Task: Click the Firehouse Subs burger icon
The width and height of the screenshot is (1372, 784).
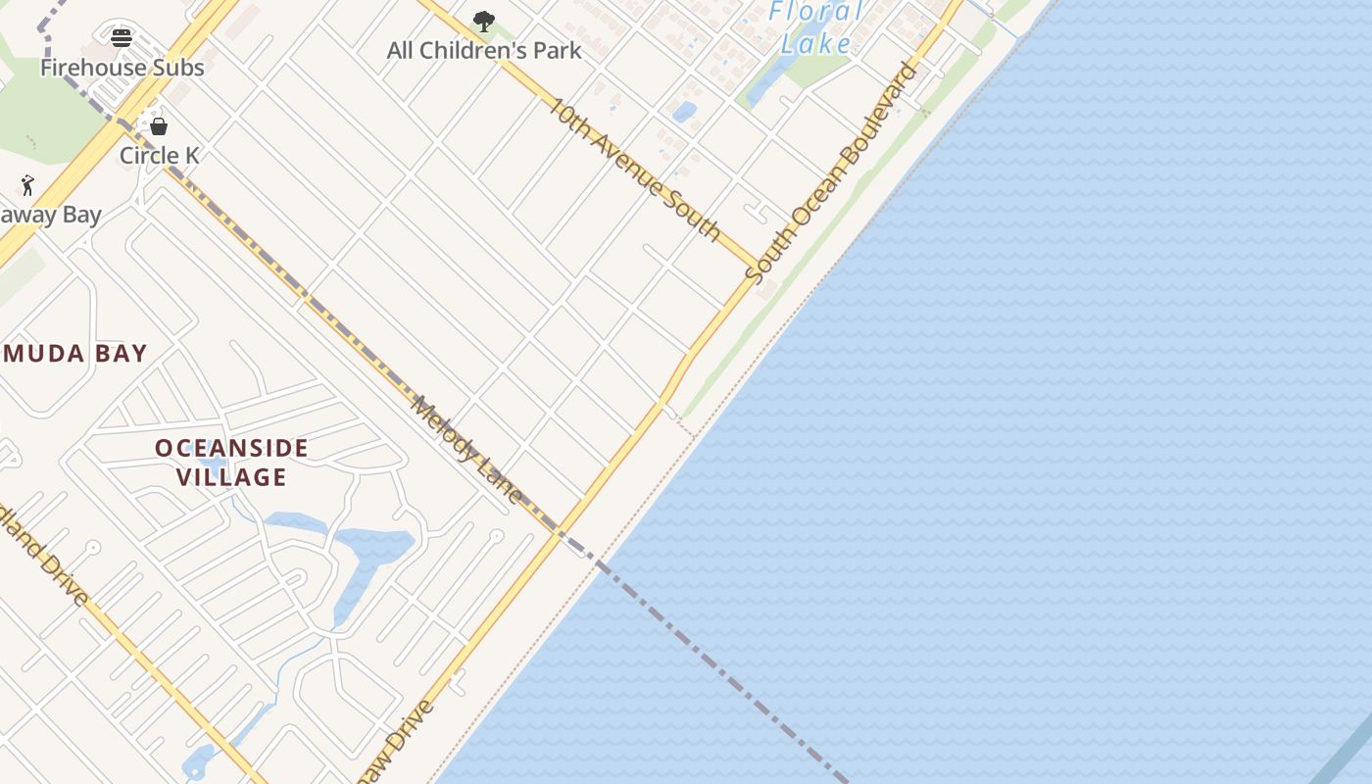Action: (x=122, y=38)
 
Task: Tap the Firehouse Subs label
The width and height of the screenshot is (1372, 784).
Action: (x=122, y=68)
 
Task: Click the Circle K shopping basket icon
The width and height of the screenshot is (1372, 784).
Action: (x=159, y=126)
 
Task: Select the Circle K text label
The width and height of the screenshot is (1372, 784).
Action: (x=159, y=156)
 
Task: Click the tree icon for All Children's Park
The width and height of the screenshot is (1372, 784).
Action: (x=483, y=21)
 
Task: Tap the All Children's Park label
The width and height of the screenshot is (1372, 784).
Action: (x=484, y=50)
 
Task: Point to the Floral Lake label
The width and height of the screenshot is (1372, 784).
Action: (x=816, y=27)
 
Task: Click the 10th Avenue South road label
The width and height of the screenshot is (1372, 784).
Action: (x=634, y=169)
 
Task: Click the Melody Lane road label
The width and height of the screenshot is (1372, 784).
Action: (x=467, y=449)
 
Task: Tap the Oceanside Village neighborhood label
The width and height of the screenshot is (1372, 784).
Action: (x=232, y=463)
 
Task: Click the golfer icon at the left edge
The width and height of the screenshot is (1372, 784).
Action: (x=27, y=185)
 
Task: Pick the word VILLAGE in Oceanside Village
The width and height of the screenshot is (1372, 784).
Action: (x=232, y=477)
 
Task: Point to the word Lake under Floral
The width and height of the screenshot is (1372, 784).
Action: (x=816, y=43)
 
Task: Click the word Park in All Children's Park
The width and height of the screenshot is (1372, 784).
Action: (x=557, y=50)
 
